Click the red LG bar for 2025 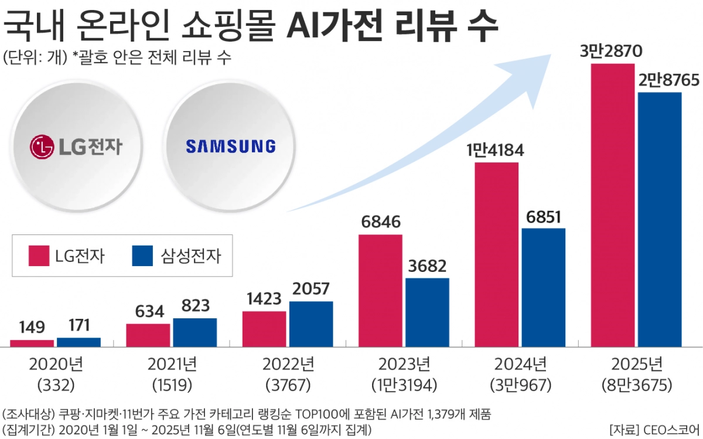(613, 205)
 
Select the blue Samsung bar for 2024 (543, 287)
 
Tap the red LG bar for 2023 (380, 291)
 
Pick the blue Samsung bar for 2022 (311, 324)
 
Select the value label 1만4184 (496, 150)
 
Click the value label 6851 (543, 216)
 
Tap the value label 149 (32, 327)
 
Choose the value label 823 (194, 306)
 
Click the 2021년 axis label (172, 365)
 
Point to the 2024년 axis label (520, 365)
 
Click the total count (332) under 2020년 (56, 386)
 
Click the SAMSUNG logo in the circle (230, 146)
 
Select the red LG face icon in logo (41, 147)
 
